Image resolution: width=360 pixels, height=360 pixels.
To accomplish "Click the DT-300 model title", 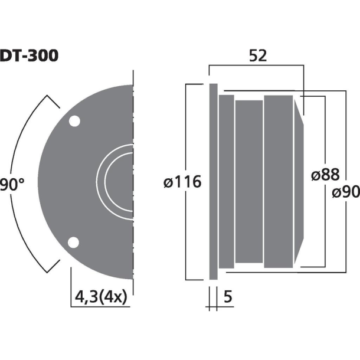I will click(28, 56).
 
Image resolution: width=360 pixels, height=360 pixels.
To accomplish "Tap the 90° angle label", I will click(12, 184).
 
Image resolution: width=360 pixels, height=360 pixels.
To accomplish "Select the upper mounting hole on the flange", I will click(74, 122).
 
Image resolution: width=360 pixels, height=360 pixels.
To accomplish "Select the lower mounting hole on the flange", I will click(74, 243).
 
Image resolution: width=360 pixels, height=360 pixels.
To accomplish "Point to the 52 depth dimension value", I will click(258, 56).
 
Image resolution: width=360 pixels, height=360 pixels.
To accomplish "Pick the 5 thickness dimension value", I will click(228, 299).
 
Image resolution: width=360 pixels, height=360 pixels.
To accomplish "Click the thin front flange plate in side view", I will click(212, 181).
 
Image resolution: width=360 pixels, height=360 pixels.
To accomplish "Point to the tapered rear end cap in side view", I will click(299, 181).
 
